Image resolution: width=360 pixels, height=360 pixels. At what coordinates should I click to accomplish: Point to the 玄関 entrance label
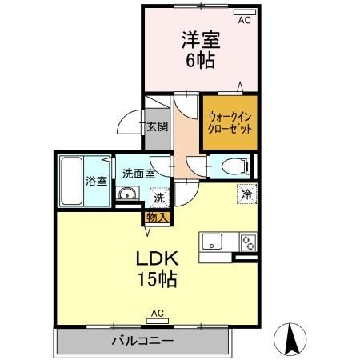(157, 126)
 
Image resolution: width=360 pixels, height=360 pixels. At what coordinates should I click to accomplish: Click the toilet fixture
(231, 166)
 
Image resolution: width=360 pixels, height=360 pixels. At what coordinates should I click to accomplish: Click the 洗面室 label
(138, 173)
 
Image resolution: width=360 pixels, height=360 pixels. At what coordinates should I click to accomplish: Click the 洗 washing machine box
(159, 197)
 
